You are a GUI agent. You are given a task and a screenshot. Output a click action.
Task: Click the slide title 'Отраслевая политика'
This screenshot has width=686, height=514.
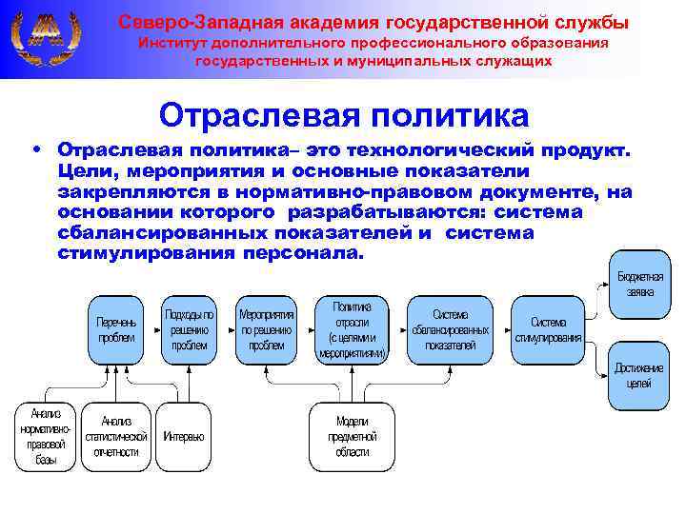pyautogui.click(x=343, y=115)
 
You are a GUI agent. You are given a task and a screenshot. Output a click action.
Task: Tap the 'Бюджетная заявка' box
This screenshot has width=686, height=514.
pyautogui.click(x=635, y=284)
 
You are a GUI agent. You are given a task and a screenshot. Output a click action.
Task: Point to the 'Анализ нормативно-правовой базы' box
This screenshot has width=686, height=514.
pyautogui.click(x=45, y=436)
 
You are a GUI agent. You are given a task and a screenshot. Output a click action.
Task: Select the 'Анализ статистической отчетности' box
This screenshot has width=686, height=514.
pyautogui.click(x=116, y=436)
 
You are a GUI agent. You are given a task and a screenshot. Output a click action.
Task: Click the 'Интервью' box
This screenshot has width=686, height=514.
pyautogui.click(x=183, y=436)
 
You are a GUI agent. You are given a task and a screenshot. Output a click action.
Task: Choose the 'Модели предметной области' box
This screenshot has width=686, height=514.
pyautogui.click(x=352, y=436)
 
